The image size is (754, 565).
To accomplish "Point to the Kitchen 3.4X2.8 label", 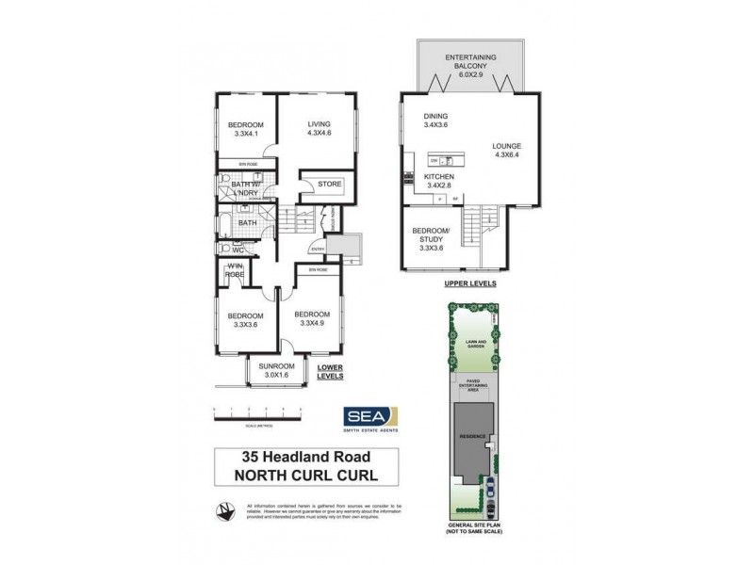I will (x=439, y=182).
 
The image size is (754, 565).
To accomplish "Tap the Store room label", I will (x=328, y=184).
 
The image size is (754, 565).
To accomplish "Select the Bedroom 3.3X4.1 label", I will (x=246, y=130).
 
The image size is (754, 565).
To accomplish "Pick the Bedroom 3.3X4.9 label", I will (x=311, y=318).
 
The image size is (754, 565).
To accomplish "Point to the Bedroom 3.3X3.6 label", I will (x=245, y=320).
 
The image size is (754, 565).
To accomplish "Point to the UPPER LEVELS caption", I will (x=470, y=282).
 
